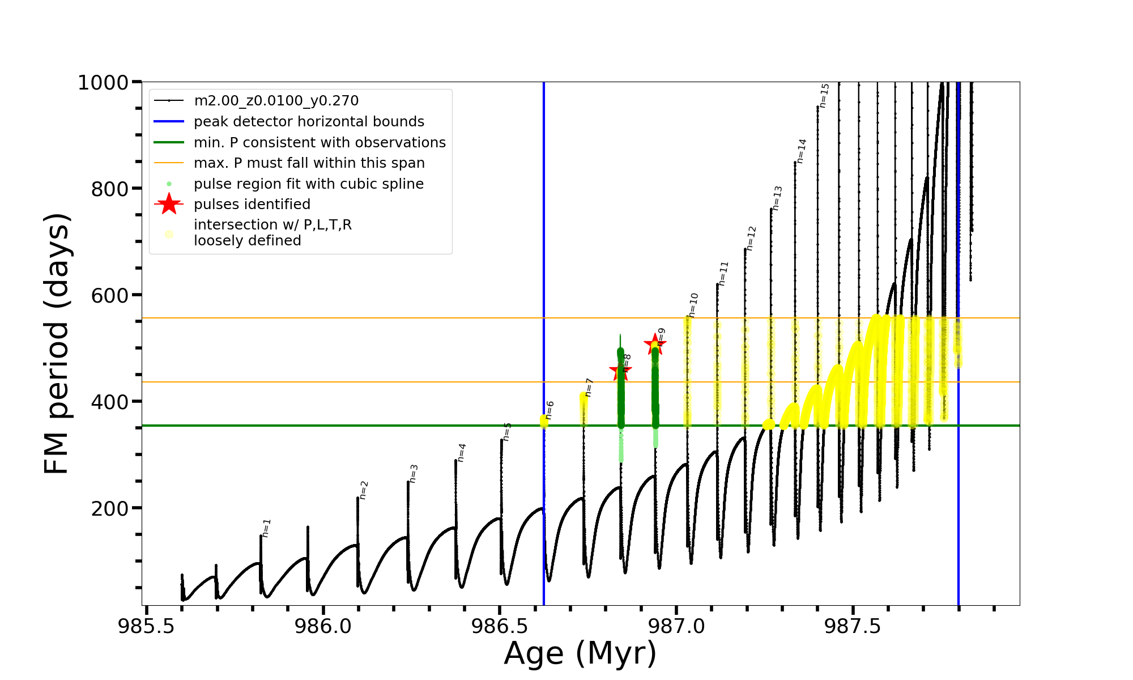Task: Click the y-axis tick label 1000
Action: pos(103,83)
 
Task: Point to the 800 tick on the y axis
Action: pos(109,189)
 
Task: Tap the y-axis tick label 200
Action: pos(109,508)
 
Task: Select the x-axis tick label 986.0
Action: pos(323,626)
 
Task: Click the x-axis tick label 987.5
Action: pos(853,626)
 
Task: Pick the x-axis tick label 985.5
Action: pos(147,626)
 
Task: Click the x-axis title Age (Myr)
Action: pos(580,653)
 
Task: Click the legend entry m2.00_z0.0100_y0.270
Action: pos(276,101)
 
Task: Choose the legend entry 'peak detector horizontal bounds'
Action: pos(309,122)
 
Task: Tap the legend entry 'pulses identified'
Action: pos(252,205)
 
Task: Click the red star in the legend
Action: pos(169,204)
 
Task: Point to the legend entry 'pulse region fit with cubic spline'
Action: pos(309,184)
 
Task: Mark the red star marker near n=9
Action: pos(655,344)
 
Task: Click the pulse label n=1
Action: pos(266,528)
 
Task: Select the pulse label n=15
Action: pos(824,95)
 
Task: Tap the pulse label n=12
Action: pos(751,238)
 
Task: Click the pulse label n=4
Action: pos(462,452)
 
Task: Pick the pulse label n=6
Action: pos(550,410)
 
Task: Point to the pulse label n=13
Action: pos(777,198)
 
